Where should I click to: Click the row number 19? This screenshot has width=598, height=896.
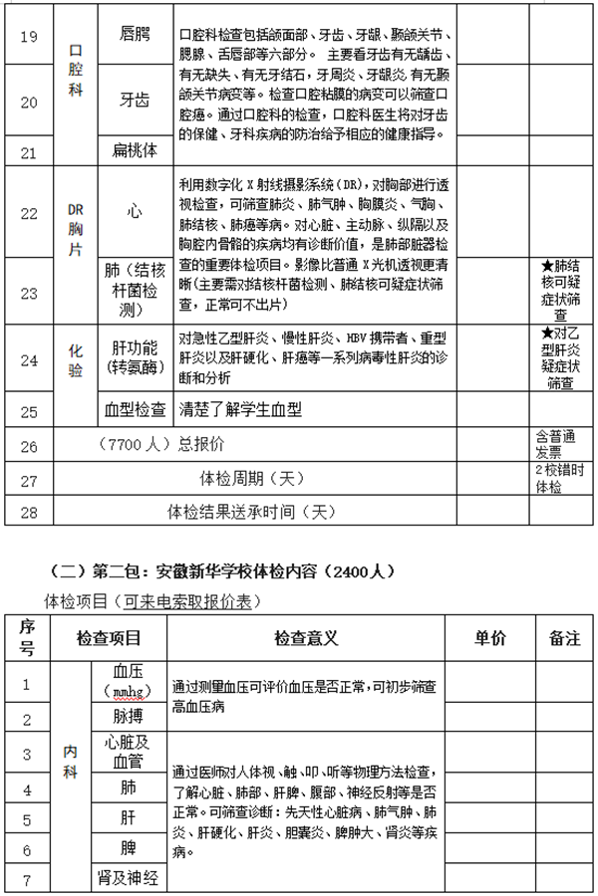point(29,37)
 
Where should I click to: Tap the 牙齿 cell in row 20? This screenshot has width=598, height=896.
point(134,100)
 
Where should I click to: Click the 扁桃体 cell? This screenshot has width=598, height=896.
point(134,151)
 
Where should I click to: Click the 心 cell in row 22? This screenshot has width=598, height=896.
point(134,212)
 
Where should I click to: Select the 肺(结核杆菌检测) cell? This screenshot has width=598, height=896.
point(134,290)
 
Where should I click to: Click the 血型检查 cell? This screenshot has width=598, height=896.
point(135,409)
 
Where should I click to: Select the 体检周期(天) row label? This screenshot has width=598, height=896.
point(251,477)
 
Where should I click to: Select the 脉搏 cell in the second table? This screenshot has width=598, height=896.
point(134,717)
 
